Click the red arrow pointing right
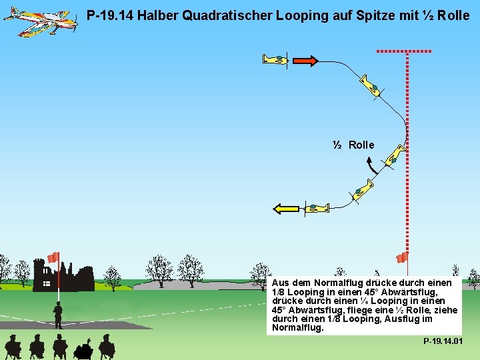pos(305,61)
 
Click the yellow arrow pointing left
pos(286,209)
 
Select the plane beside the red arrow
pos(275,59)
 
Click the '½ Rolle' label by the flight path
pos(354,145)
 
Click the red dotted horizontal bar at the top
pos(404,51)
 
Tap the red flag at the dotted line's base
pos(401,257)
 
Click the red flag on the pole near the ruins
pos(53,257)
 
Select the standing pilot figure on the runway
pos(58,314)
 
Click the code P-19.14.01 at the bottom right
pos(443,341)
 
